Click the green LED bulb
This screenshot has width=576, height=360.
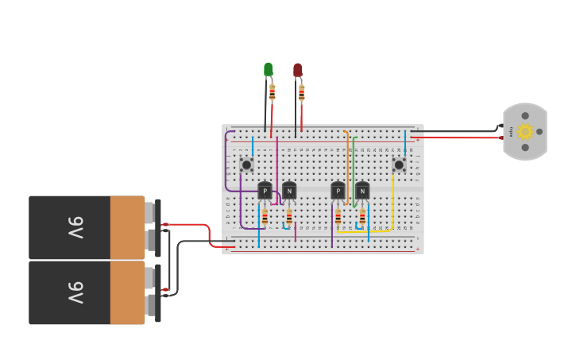click(x=269, y=70)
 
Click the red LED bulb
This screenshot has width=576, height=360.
click(x=298, y=71)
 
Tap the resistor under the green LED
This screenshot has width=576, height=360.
click(x=273, y=93)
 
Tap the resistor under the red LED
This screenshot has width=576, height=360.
click(x=302, y=94)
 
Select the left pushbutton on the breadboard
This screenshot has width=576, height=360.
click(x=247, y=165)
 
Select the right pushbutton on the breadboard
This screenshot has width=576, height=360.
click(x=399, y=165)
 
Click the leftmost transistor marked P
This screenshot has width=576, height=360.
click(x=265, y=191)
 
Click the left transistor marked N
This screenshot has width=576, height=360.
click(x=289, y=191)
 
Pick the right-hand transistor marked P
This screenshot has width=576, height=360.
click(x=338, y=191)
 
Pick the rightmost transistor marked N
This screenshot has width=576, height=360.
click(x=362, y=191)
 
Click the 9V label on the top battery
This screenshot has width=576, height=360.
click(x=75, y=228)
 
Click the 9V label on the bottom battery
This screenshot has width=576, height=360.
click(x=75, y=292)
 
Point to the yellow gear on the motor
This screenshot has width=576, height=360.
click(x=524, y=132)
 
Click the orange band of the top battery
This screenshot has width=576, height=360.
click(x=126, y=228)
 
